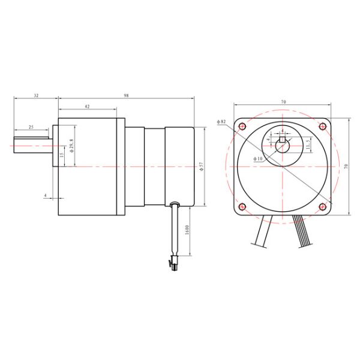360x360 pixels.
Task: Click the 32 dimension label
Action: (x=36, y=95)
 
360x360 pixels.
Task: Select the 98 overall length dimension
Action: (x=127, y=95)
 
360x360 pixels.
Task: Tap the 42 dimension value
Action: (x=87, y=106)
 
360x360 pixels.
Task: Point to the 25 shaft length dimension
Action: (x=31, y=127)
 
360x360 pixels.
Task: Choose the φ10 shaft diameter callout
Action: (x=259, y=158)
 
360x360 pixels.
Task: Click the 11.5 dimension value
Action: (x=307, y=144)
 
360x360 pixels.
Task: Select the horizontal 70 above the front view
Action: (x=283, y=103)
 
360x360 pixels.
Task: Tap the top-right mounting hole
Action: (x=324, y=127)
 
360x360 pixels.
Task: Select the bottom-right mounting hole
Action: (x=324, y=207)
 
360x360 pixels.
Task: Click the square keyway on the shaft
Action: (x=283, y=140)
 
